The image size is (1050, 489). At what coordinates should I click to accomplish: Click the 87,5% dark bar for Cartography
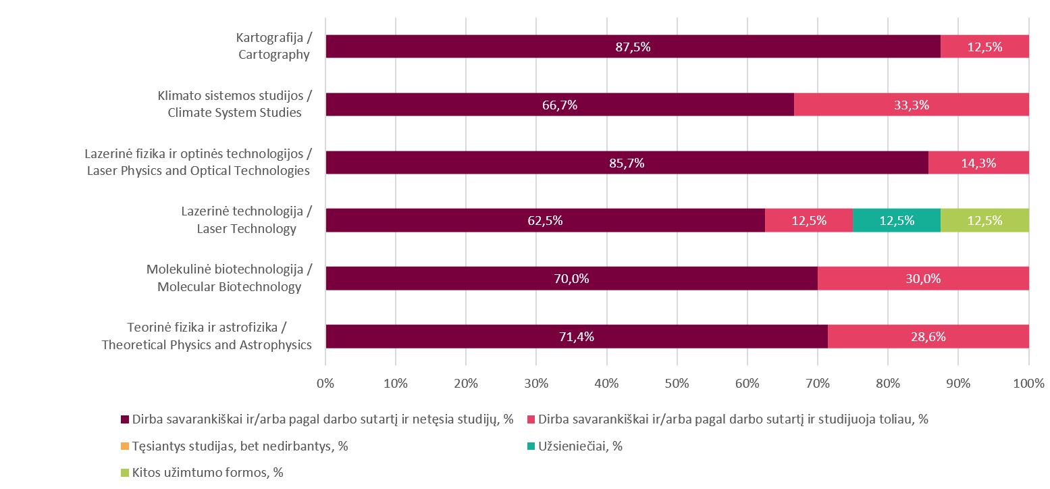[x=633, y=47]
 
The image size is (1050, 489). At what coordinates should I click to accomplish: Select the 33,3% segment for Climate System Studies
[x=911, y=105]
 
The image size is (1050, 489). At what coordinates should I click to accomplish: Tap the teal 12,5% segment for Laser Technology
[x=896, y=220]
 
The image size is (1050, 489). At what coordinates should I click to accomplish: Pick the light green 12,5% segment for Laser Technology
[x=984, y=220]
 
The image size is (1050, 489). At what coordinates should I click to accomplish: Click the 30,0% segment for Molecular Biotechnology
[x=922, y=278]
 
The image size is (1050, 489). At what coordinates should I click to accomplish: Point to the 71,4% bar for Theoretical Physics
[x=576, y=336]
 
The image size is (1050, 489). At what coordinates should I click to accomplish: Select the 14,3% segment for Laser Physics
[x=978, y=163]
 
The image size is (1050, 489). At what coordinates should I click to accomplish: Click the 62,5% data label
[x=545, y=220]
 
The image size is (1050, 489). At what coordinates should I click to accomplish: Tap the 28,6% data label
[x=928, y=336]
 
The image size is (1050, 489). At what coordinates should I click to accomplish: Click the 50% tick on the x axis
[x=677, y=384]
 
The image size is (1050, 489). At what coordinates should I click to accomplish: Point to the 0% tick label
[x=325, y=384]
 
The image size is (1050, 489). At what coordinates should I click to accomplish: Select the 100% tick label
[x=1028, y=384]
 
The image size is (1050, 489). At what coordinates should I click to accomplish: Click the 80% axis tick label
[x=887, y=384]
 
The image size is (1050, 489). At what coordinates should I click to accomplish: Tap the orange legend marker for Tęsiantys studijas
[x=125, y=446]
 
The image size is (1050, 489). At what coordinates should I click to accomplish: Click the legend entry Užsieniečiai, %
[x=579, y=446]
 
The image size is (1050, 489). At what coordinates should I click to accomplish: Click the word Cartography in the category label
[x=273, y=55]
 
